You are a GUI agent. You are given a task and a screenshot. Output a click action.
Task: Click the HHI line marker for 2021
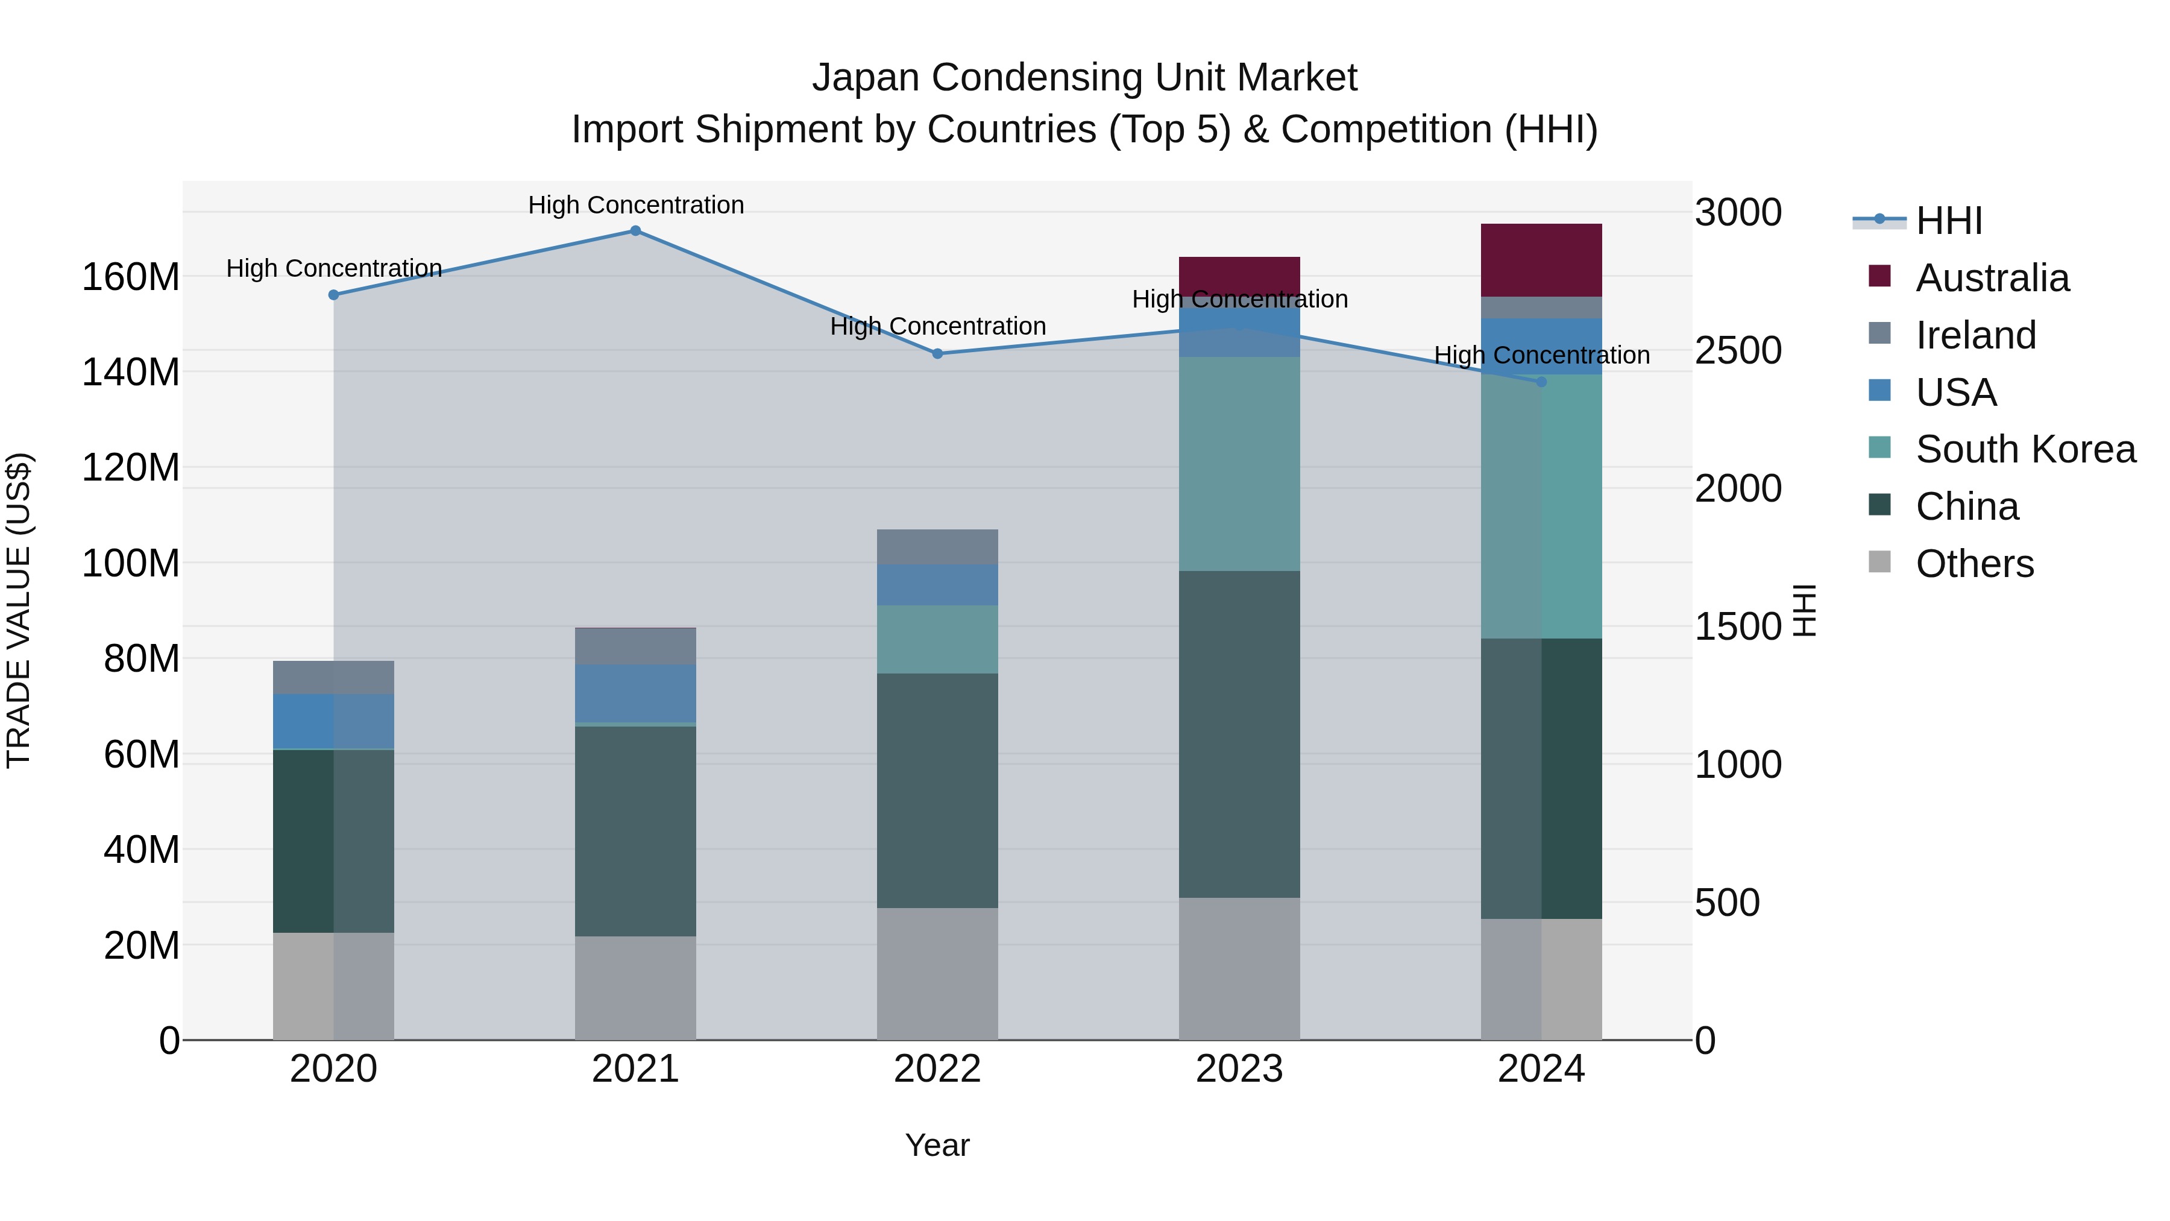635,231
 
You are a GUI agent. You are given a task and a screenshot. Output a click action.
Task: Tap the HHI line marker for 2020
333,295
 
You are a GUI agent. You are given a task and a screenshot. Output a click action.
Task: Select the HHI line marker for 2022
937,354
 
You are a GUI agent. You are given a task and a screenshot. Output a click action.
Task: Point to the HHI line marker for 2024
1541,382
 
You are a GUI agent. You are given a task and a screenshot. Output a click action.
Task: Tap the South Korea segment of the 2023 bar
1239,464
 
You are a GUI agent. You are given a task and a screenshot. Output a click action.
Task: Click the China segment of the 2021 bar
635,830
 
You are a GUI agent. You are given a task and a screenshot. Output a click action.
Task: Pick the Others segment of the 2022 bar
937,973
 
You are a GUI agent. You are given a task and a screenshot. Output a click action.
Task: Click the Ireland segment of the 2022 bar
937,546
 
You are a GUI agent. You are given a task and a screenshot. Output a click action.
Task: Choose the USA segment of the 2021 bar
635,693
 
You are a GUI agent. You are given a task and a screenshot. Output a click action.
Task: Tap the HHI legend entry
1948,221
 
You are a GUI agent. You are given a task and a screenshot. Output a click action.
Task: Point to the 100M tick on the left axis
131,563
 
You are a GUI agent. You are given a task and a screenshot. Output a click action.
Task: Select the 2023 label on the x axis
1239,1069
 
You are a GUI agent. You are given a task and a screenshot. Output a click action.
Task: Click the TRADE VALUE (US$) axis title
19,610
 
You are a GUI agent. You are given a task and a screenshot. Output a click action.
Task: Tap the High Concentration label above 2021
636,205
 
